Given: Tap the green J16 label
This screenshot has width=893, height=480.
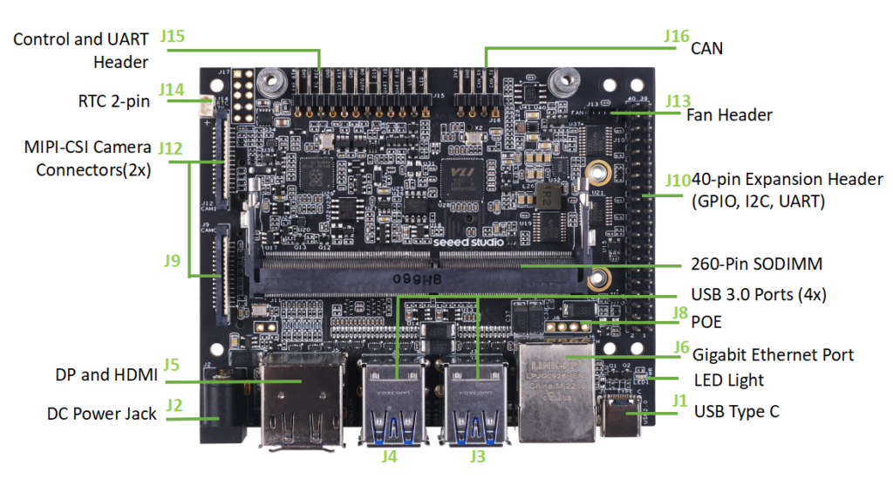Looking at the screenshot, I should click(676, 38).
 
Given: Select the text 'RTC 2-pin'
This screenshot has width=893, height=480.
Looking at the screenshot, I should click(113, 101).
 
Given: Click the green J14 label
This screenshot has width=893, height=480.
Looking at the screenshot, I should click(172, 90).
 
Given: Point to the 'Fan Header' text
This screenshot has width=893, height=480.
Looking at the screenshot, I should click(729, 114).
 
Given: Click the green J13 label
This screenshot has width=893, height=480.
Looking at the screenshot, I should click(678, 100).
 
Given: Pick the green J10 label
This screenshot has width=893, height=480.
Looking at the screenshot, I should click(678, 181).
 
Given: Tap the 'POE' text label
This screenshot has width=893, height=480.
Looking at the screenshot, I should click(706, 322).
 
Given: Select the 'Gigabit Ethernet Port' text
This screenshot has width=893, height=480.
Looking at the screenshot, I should click(773, 354).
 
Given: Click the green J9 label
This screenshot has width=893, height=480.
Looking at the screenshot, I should click(173, 260).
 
